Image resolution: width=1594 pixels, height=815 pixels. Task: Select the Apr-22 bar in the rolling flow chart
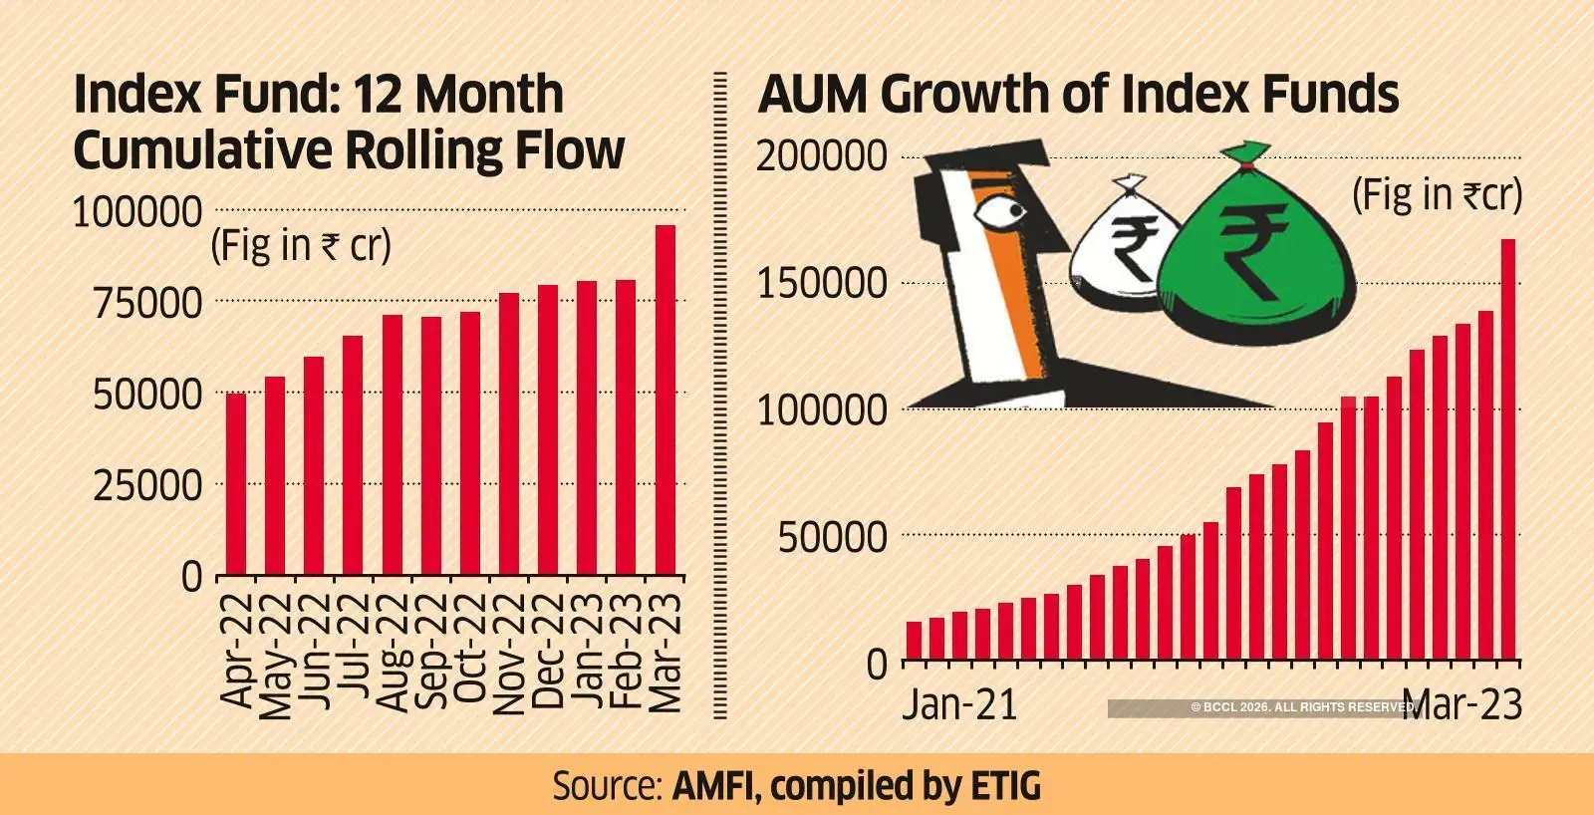pos(235,484)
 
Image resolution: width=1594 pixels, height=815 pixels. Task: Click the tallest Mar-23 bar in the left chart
pos(664,401)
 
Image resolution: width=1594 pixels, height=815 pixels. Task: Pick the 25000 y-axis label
pos(145,486)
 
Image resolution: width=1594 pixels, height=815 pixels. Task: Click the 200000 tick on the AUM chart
pos(822,156)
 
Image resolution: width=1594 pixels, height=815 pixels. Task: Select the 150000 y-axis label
pos(822,283)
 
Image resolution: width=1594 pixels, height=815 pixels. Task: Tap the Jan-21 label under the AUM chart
pos(960,704)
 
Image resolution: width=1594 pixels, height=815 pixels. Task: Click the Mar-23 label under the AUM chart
pos(1466,704)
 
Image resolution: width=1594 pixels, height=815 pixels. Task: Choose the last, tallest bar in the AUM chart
pos(1508,450)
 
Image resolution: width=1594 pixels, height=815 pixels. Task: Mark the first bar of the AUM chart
pos(914,642)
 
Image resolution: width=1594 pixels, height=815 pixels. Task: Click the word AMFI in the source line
pos(716,785)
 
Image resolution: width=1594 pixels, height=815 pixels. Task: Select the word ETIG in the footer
pos(1004,785)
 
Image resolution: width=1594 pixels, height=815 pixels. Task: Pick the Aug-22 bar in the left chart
pos(392,444)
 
